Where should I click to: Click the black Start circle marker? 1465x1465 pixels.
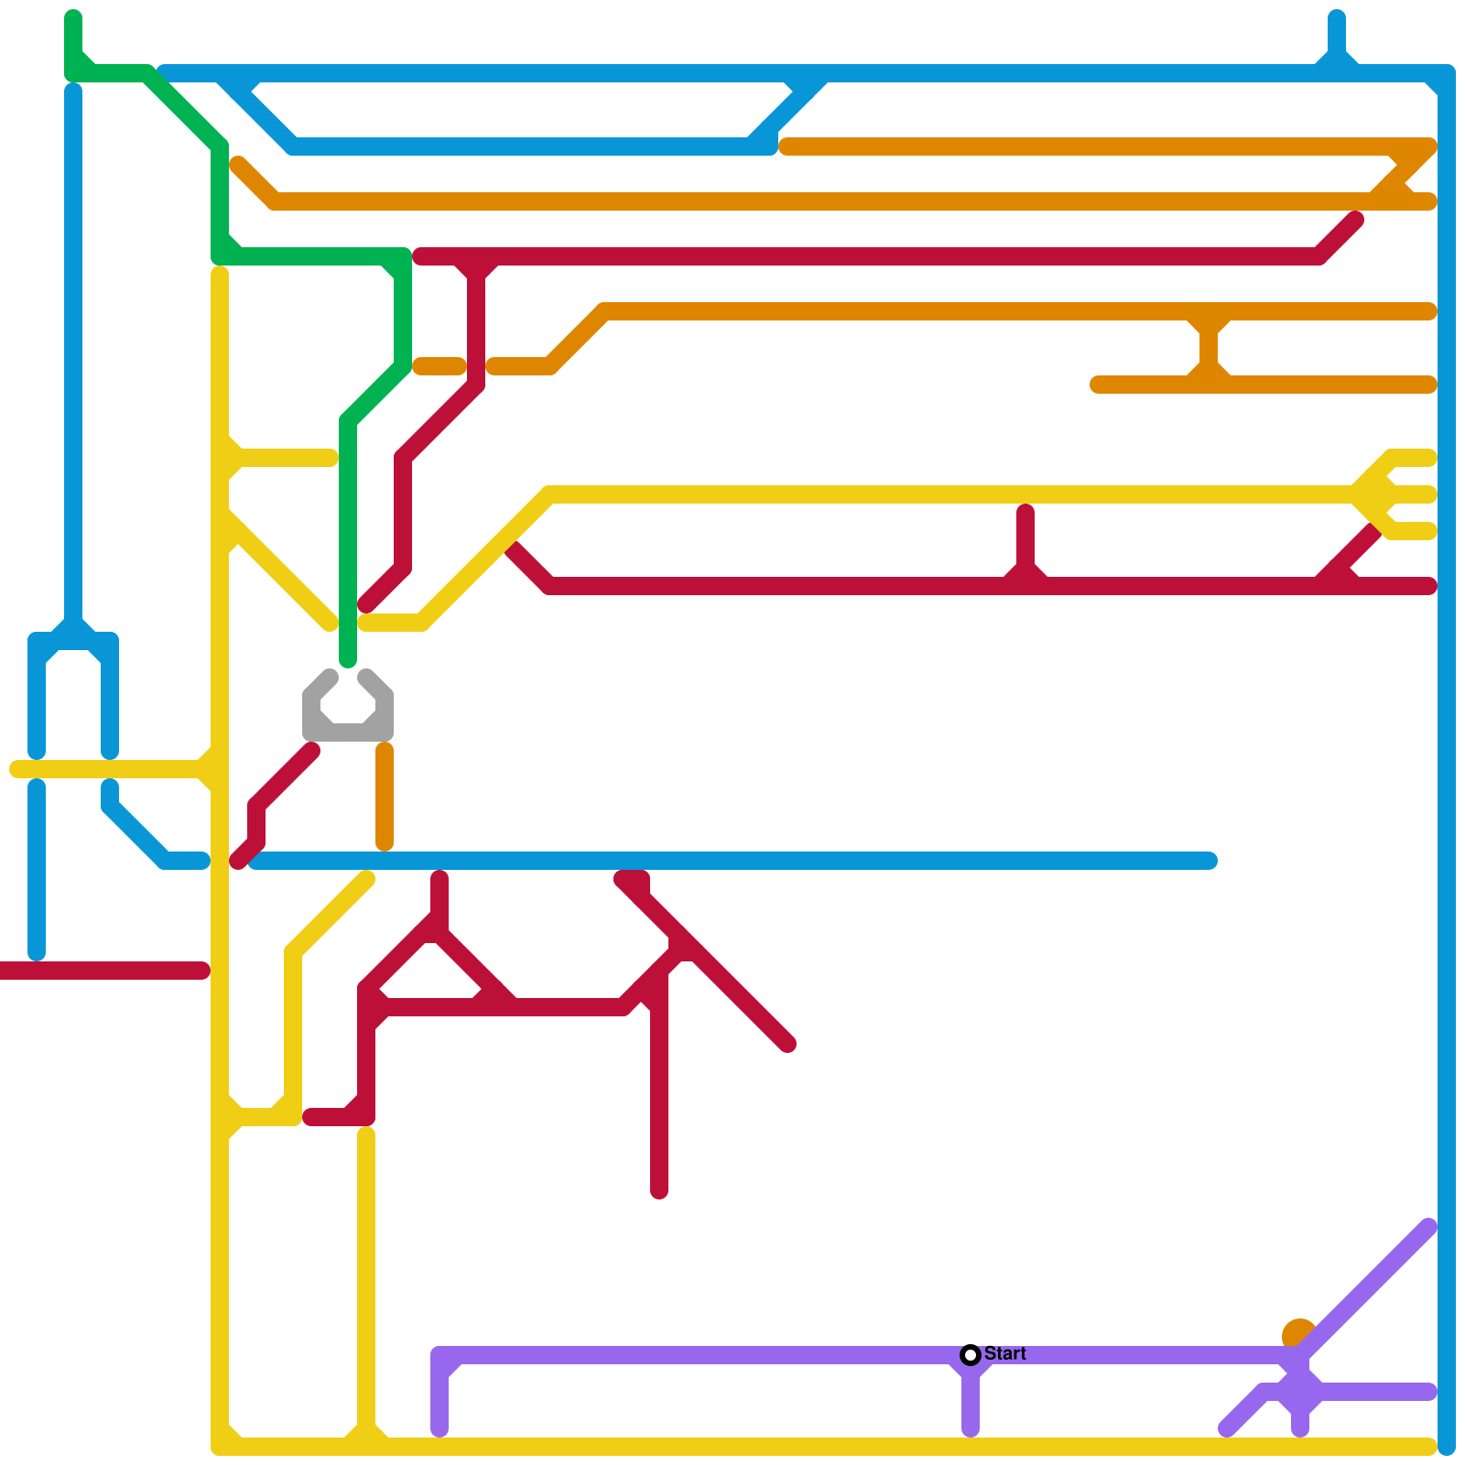tap(971, 1355)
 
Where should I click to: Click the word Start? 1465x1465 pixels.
tap(1005, 1353)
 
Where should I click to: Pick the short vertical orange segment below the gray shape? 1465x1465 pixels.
tap(385, 797)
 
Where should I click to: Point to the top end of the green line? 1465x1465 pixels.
tap(73, 16)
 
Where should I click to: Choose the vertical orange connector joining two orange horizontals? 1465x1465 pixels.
tap(1209, 348)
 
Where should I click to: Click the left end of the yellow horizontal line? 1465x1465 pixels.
tap(16, 769)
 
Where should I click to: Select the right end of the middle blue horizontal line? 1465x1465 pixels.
tap(1210, 861)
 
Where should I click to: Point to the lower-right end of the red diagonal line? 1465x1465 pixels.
tap(787, 1044)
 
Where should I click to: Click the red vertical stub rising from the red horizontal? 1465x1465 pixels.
tap(1025, 540)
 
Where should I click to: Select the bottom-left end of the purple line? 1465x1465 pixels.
tap(1227, 1429)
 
